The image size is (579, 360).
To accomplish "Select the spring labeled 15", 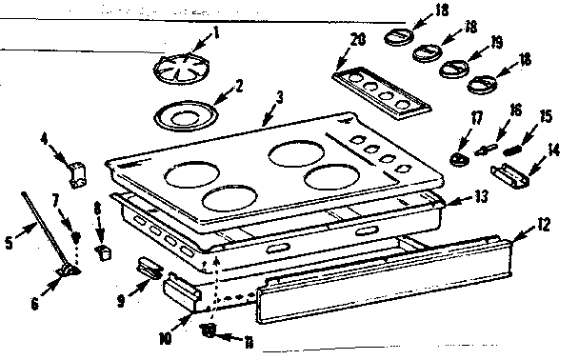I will tap(515, 148).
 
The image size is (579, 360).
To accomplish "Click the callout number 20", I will tap(357, 39).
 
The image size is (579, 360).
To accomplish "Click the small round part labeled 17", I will tap(459, 157).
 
